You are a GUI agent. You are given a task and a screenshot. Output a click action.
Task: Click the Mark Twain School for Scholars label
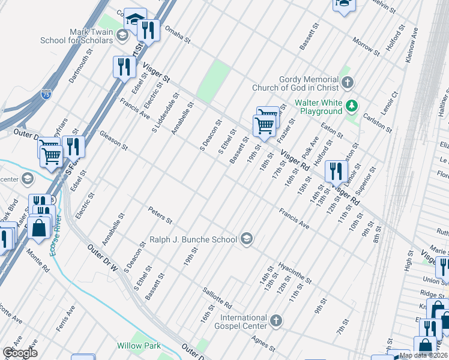(x=76, y=36)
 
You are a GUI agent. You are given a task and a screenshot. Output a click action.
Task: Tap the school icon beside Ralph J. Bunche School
(x=246, y=239)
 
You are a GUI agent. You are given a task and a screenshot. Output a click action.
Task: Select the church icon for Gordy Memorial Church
(x=347, y=83)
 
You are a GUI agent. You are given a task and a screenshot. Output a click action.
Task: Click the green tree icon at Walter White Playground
(x=352, y=107)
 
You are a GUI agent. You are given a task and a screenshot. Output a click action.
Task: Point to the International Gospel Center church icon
(x=276, y=320)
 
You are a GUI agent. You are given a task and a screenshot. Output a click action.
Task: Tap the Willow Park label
(x=138, y=346)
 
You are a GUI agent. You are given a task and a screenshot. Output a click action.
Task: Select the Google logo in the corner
(x=20, y=353)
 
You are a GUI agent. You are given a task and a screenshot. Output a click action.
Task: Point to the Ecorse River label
(x=56, y=234)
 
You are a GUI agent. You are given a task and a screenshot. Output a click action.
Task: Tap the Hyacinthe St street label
(x=295, y=272)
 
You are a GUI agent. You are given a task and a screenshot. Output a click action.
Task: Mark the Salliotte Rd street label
(x=217, y=296)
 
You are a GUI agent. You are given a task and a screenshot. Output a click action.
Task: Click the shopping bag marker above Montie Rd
(x=39, y=229)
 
